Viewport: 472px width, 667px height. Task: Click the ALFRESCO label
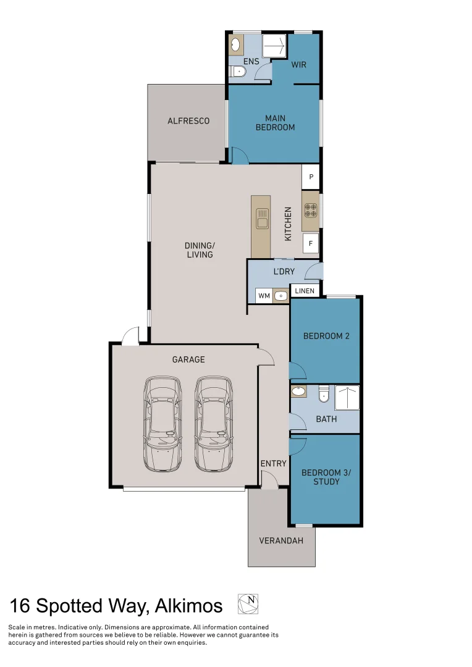[x=188, y=121]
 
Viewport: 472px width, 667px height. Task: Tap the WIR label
[x=299, y=65]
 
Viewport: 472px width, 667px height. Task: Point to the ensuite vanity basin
[x=235, y=44]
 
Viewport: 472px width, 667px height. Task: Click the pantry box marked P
[x=311, y=177]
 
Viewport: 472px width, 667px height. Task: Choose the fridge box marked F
[x=311, y=243]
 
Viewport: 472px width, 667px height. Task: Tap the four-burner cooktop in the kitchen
[x=310, y=211]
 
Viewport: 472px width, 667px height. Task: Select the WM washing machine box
[x=264, y=296]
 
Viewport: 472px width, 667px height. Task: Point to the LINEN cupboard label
[x=305, y=291]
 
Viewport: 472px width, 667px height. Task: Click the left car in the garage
[x=163, y=423]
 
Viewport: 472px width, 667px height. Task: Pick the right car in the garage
[x=215, y=423]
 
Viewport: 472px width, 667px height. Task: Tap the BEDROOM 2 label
[x=326, y=337]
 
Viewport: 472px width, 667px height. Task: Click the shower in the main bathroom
[x=347, y=398]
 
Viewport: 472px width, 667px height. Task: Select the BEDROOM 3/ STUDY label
[x=326, y=477]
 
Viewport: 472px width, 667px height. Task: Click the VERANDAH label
[x=281, y=541]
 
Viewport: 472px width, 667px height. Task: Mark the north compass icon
[x=248, y=604]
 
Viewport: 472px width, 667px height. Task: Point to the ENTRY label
[x=273, y=463]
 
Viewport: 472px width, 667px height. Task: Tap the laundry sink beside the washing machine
[x=280, y=296]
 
